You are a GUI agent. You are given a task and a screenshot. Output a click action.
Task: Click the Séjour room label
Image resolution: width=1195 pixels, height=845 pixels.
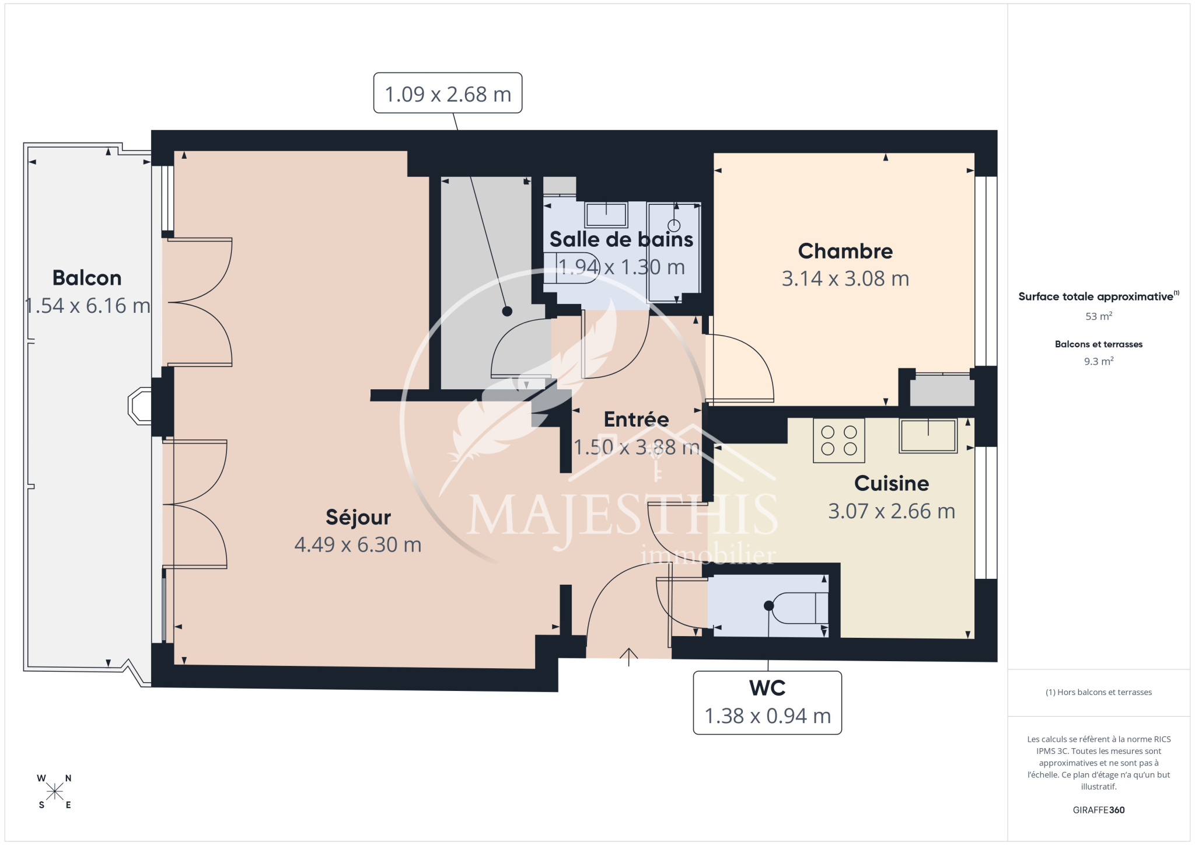[358, 517]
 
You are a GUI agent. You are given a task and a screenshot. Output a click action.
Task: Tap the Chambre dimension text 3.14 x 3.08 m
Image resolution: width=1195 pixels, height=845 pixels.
[845, 279]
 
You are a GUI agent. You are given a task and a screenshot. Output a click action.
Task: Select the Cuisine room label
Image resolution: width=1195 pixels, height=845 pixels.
[892, 483]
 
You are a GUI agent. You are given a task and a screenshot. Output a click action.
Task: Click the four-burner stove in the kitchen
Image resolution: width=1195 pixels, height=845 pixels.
[839, 441]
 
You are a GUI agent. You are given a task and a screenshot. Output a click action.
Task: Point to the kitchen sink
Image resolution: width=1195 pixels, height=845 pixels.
[928, 435]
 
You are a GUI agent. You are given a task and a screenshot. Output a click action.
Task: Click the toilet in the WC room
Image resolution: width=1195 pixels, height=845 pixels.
[796, 607]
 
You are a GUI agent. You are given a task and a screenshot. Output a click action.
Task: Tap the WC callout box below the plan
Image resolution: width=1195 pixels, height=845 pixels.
[767, 703]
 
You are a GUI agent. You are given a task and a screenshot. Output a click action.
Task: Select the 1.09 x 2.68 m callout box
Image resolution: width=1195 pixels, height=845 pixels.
[448, 93]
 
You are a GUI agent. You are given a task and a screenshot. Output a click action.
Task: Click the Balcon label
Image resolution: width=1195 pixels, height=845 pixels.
[87, 278]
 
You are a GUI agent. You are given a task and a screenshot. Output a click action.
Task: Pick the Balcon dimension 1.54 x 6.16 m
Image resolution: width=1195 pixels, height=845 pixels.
[88, 306]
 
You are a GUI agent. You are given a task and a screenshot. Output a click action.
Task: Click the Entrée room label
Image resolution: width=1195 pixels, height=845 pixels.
[636, 419]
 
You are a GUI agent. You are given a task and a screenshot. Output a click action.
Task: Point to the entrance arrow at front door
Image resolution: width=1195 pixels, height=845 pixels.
[629, 657]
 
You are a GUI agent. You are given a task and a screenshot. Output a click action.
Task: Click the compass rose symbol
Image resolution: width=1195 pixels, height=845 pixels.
[55, 791]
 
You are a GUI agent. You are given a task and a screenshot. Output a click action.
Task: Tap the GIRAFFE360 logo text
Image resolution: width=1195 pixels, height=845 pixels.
[1099, 810]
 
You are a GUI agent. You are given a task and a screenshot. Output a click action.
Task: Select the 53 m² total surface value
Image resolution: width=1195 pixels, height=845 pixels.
[1099, 316]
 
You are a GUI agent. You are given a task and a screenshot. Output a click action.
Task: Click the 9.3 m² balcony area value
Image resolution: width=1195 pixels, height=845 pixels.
[1099, 361]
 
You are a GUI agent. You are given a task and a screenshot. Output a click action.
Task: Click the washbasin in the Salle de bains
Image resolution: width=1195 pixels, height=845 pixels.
[606, 215]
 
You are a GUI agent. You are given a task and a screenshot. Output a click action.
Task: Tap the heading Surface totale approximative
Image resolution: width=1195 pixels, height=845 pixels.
[1096, 296]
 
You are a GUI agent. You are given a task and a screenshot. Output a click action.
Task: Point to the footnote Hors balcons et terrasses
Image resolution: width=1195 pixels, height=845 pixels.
[1099, 692]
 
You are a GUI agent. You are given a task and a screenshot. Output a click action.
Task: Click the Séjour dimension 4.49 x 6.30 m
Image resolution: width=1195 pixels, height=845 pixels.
[358, 544]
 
